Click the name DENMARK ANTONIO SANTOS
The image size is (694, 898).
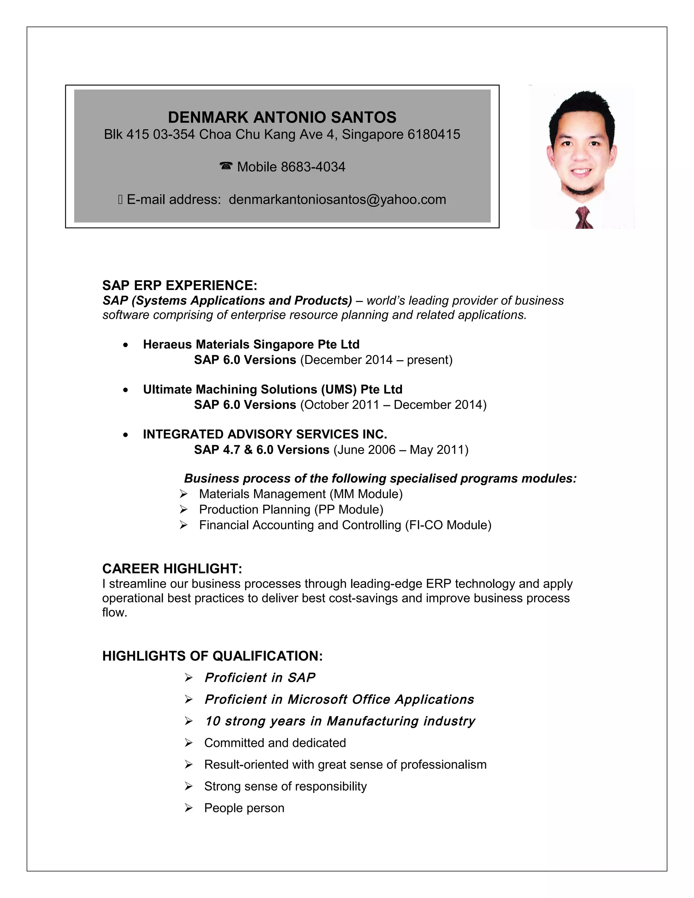[282, 118]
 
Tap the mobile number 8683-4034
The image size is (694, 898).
[313, 167]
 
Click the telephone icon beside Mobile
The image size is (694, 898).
[226, 166]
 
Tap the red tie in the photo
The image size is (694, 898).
[584, 218]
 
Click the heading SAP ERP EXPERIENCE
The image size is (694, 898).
[180, 285]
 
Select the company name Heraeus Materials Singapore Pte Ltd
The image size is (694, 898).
[251, 345]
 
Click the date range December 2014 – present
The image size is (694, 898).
[376, 360]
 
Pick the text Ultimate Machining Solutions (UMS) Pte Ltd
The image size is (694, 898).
[272, 389]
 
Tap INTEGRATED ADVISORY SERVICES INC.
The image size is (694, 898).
[265, 434]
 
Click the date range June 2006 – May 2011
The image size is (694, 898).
[401, 450]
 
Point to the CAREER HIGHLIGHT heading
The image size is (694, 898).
[172, 569]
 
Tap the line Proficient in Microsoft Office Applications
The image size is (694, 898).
[339, 699]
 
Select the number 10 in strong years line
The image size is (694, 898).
[212, 721]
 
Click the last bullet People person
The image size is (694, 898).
[244, 808]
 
